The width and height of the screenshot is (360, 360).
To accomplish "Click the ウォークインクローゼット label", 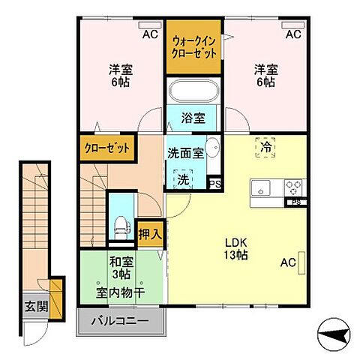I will (194, 47).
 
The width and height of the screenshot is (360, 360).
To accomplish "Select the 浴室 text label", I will (193, 118).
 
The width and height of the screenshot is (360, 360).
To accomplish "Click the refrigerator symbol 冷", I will (265, 148).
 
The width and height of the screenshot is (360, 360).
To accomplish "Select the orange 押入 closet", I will (149, 232).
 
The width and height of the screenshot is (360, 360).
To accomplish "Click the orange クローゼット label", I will (106, 148).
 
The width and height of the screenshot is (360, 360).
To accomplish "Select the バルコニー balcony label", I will (119, 322).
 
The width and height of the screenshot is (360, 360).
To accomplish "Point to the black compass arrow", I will (331, 328).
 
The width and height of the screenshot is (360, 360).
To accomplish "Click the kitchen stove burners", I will (292, 187).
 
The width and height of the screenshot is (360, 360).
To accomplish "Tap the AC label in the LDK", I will (288, 262).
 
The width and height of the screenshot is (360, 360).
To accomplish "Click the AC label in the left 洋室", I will (150, 34).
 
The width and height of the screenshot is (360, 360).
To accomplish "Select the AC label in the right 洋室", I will (293, 34).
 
